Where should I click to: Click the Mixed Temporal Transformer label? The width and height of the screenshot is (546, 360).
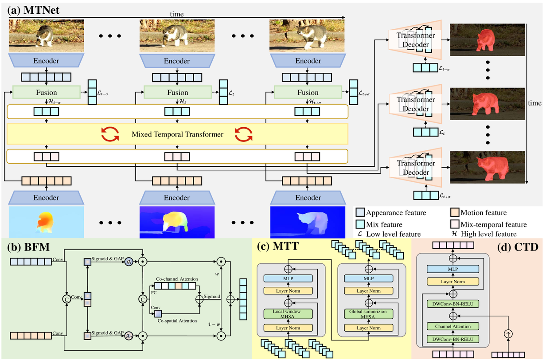click(x=177, y=134)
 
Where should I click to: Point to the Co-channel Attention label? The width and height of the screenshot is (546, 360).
click(x=176, y=278)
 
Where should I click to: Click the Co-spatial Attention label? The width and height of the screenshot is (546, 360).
click(x=176, y=320)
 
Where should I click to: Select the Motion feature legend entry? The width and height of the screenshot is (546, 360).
click(x=484, y=213)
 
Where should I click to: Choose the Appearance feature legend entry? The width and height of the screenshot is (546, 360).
click(x=396, y=213)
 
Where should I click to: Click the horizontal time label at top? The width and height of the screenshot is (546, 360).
click(x=176, y=14)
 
